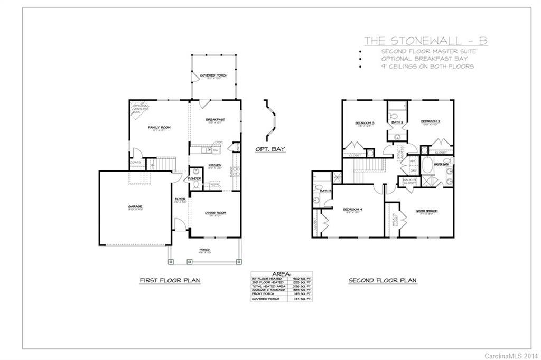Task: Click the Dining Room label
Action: click(x=216, y=213)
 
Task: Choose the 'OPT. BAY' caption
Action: click(x=270, y=149)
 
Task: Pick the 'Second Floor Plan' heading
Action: click(x=383, y=280)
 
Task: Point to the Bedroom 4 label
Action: click(x=353, y=210)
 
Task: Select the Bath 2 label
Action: click(x=397, y=123)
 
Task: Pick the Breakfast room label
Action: click(x=216, y=120)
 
